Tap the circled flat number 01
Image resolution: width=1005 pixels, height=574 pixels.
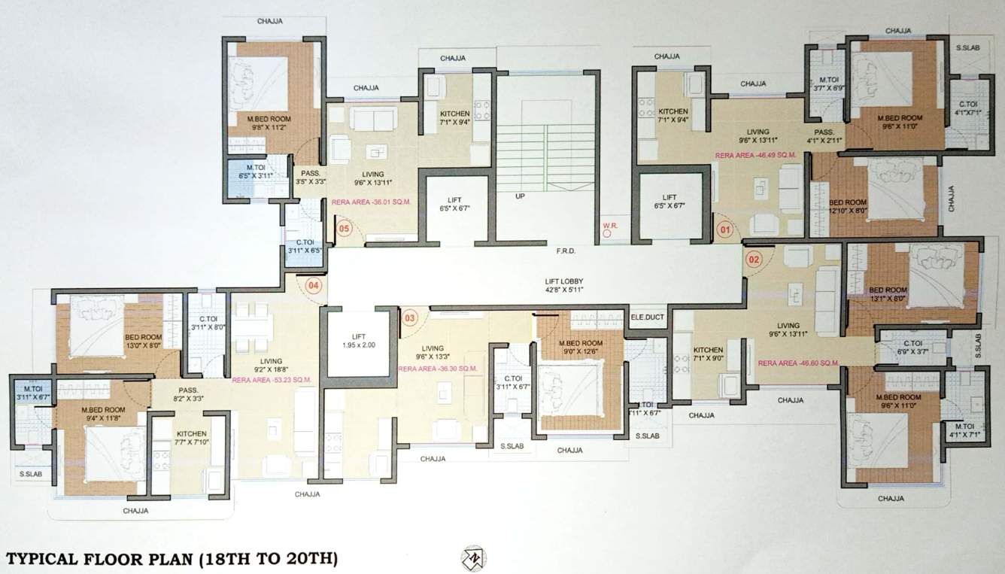click(725, 229)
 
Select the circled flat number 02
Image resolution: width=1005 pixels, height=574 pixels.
click(754, 260)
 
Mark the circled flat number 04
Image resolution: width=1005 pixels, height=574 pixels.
click(314, 286)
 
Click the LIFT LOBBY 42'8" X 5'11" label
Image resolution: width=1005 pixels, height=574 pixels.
click(564, 284)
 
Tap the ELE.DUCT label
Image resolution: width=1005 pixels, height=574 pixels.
click(647, 317)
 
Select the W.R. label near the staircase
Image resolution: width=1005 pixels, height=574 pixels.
click(609, 225)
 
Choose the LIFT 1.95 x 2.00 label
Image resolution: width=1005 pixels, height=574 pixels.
click(357, 339)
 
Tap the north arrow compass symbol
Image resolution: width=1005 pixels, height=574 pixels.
click(474, 558)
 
